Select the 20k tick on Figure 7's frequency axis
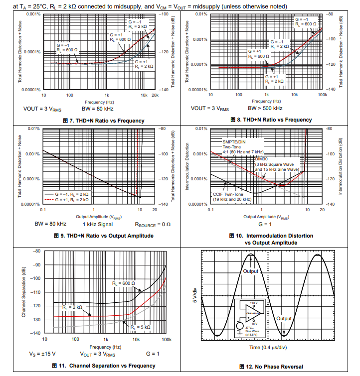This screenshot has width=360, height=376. click(155, 95)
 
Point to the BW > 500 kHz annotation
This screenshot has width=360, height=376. click(265, 108)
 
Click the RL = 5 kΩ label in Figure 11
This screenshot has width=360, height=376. click(140, 327)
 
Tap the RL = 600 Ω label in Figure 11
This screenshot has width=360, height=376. click(124, 283)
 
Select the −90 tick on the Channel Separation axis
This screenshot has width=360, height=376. click(36, 264)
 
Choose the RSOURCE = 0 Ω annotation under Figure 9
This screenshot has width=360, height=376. click(153, 224)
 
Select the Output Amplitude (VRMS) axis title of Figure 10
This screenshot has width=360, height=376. click(264, 217)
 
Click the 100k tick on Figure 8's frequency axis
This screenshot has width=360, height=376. click(322, 95)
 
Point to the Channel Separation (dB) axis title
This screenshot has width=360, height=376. click(23, 292)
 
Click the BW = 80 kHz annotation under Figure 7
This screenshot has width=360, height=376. click(97, 108)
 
